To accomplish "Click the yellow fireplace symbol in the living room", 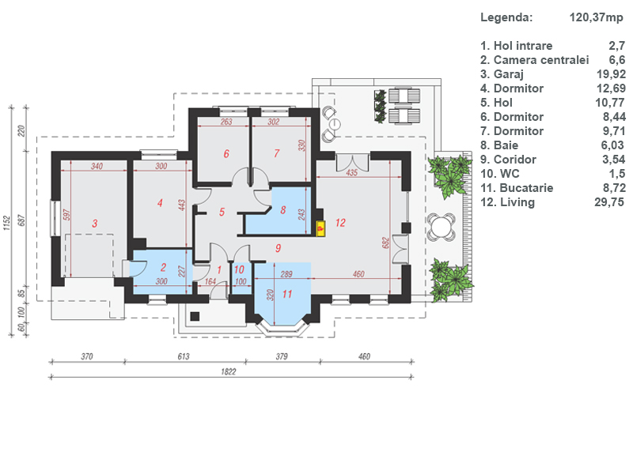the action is (320, 228).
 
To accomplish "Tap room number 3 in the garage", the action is (94, 224).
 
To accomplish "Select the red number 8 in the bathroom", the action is (283, 210).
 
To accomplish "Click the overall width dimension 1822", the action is (229, 371).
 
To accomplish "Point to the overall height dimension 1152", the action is (6, 224).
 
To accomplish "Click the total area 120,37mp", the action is (597, 17).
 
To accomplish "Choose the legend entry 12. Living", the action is (507, 202).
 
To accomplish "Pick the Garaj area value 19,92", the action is (611, 74).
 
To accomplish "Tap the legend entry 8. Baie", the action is (499, 145).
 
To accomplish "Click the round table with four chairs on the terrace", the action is (442, 227).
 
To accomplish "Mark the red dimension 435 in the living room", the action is (351, 172).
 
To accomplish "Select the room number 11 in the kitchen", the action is (287, 294).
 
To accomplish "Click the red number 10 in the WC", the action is (239, 269).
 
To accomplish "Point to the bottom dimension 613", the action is (184, 356).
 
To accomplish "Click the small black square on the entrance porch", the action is (195, 316).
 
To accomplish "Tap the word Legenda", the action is (506, 17).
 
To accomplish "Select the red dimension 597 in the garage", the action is (67, 214).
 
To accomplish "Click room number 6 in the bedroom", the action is (226, 153).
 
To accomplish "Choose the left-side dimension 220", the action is (21, 130).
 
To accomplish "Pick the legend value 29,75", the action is (609, 202).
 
